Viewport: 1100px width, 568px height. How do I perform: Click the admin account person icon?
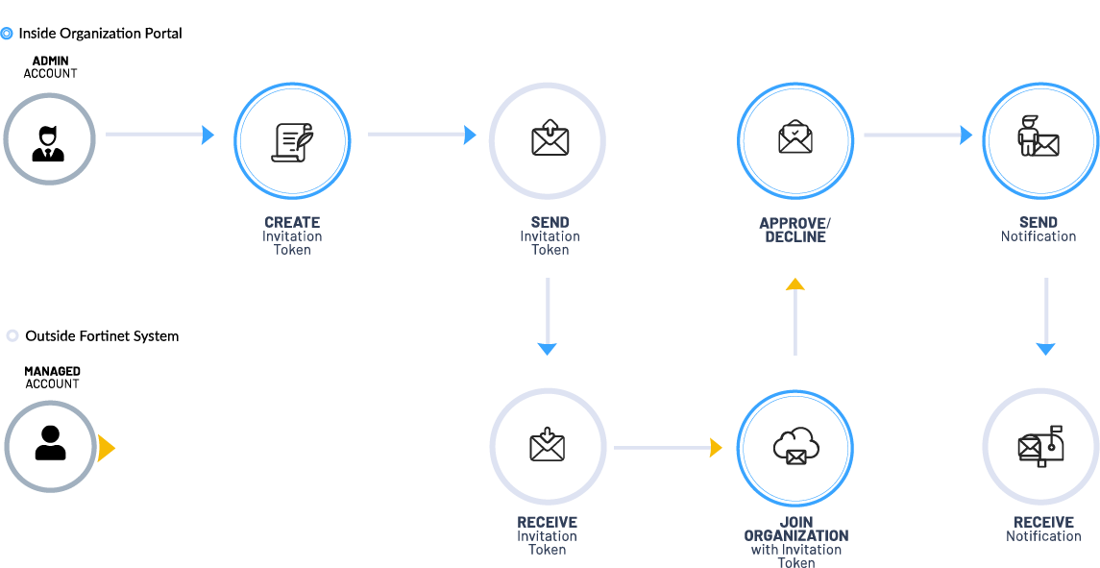[48, 141]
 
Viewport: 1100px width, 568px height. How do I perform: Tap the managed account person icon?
[50, 444]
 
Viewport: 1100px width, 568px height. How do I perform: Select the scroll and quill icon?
[292, 141]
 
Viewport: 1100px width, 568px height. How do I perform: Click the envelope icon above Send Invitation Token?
[550, 137]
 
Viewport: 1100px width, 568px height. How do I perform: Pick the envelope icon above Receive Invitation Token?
[548, 444]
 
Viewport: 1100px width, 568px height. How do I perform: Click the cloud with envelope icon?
[795, 445]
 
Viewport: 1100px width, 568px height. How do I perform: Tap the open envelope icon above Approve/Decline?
[795, 137]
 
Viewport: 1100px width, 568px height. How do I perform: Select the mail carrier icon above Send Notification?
[1039, 136]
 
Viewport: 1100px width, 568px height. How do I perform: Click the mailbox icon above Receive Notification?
[1041, 446]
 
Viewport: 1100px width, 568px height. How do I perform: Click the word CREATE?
[292, 222]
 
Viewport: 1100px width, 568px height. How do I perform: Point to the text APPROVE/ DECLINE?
[795, 230]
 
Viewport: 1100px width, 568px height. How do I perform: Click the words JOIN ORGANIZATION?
[795, 529]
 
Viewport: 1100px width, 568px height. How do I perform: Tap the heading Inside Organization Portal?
[100, 34]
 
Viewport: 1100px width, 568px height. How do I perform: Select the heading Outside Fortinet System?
[102, 336]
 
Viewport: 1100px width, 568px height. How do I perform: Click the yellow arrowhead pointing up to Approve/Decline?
[794, 284]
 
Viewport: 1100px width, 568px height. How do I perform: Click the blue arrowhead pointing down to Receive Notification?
[1046, 349]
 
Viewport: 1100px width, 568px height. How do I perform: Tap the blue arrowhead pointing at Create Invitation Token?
[208, 136]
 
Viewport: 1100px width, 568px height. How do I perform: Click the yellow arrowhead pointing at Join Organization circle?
[715, 448]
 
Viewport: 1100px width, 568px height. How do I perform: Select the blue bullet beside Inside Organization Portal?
[7, 34]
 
